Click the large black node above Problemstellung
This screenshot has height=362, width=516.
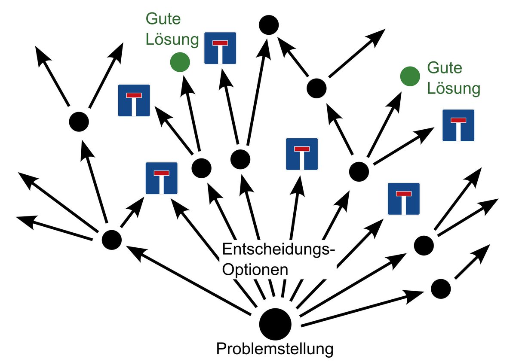tap(275, 323)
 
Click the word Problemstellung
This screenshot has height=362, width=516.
tap(275, 349)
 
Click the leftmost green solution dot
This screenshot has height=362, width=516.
tap(179, 62)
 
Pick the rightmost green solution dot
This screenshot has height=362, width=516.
tap(410, 76)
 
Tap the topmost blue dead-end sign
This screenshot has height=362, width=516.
tap(220, 48)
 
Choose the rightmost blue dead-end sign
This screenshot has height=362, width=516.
tap(458, 125)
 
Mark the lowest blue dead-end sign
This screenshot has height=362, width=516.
tap(404, 198)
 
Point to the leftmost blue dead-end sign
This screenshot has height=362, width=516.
tap(134, 100)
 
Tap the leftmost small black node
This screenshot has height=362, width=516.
tap(79, 122)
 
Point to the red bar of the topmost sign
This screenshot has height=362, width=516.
tap(220, 43)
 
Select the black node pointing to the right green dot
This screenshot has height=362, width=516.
tap(359, 171)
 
